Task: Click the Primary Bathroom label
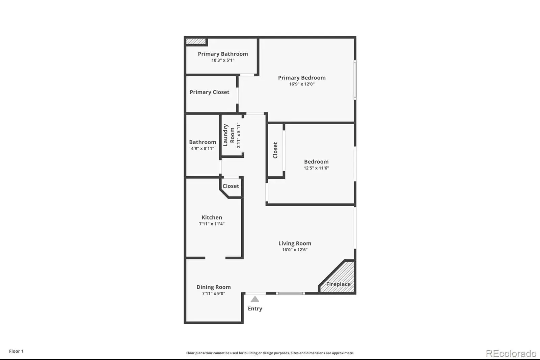click(223, 54)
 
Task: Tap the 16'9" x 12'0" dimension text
click(302, 84)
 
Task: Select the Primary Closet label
click(210, 92)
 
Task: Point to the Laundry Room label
click(229, 135)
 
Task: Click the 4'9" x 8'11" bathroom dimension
click(202, 148)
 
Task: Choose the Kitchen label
click(212, 217)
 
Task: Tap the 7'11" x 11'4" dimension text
click(212, 224)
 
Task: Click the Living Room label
click(295, 243)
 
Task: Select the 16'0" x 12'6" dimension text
click(295, 250)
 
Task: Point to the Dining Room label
click(214, 287)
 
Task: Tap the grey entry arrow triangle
click(255, 299)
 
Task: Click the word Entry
click(255, 308)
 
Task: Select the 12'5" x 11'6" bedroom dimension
click(316, 168)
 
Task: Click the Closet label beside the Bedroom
click(275, 150)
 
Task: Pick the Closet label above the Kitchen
click(231, 186)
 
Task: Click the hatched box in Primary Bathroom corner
click(196, 41)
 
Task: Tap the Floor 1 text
click(17, 351)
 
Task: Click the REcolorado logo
click(511, 354)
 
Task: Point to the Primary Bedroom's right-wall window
click(355, 80)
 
